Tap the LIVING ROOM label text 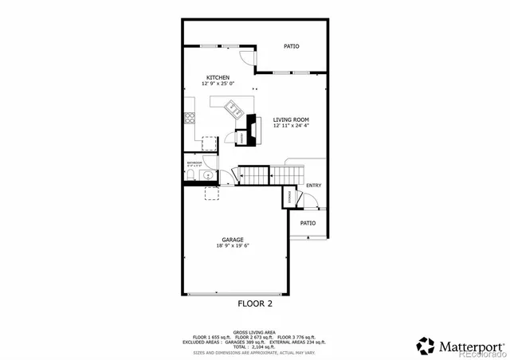tap(290, 119)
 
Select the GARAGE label tap(233, 240)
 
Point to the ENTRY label tap(313, 186)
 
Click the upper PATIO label tap(292, 46)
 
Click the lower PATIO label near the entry tap(308, 223)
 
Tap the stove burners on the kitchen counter tap(190, 119)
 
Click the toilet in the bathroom tap(205, 175)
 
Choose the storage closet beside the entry tap(288, 197)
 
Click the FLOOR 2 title tap(255, 303)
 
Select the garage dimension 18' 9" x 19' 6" tap(233, 246)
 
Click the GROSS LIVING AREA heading tap(255, 331)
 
